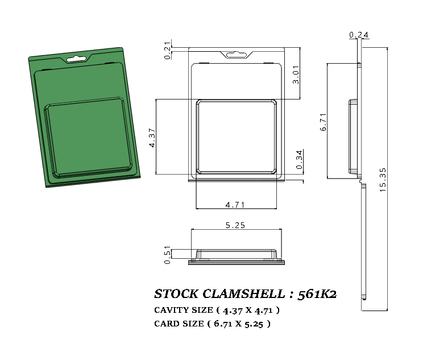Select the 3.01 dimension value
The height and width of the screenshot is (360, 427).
(296, 75)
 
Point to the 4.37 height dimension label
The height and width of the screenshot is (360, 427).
(152, 138)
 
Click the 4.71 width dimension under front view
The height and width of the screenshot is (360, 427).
(235, 204)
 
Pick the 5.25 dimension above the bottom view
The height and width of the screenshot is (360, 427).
(235, 225)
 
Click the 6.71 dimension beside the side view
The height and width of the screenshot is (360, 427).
(323, 122)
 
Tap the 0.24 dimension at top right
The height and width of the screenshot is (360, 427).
(359, 35)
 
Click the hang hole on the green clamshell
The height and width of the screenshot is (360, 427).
(76, 58)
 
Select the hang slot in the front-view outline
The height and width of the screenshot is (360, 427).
(236, 55)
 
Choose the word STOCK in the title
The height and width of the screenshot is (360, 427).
(176, 294)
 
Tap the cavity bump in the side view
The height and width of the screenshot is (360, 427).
(353, 136)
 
